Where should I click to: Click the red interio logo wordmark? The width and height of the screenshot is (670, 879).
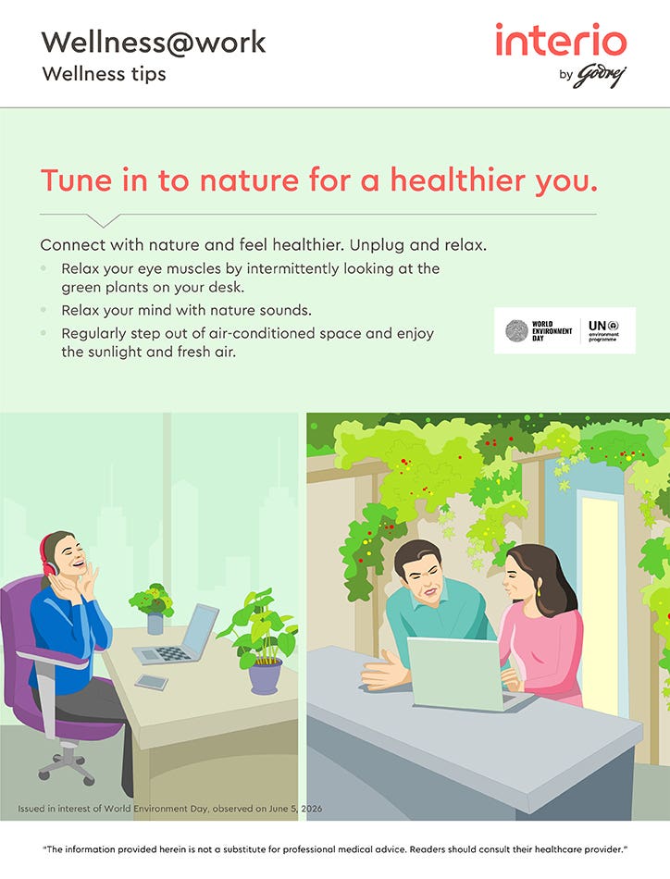pos(561,40)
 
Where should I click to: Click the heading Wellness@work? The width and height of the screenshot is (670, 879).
pos(154,43)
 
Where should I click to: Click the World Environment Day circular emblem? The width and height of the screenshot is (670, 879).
pos(516,330)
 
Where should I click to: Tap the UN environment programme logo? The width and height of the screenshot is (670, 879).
pos(603,330)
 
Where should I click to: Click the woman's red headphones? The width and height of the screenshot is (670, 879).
pos(47,555)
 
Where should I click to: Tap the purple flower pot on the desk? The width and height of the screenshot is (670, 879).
pos(266,676)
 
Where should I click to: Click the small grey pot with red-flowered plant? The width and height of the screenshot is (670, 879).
pos(155,624)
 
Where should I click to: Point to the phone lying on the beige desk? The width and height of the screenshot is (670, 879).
pos(152,682)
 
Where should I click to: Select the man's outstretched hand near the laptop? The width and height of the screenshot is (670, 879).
pos(383,669)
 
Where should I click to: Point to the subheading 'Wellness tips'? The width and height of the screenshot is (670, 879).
pos(105,75)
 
